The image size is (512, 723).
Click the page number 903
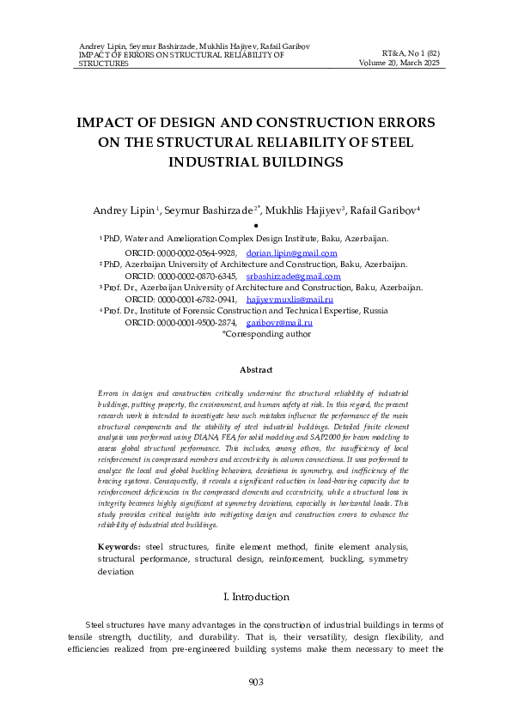255,682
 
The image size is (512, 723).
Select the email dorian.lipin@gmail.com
291,254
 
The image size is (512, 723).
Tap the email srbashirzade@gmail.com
293,276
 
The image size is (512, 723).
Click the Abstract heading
255,369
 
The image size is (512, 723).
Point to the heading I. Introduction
255,596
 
